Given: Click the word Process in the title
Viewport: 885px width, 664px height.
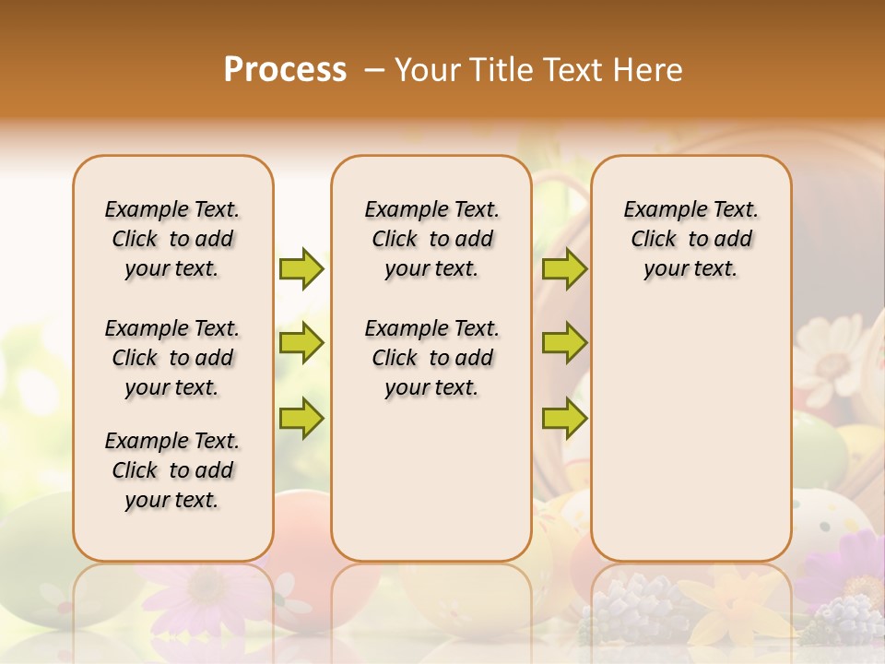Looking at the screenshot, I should coord(285,69).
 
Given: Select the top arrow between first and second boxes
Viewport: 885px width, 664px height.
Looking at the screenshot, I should coord(301,268).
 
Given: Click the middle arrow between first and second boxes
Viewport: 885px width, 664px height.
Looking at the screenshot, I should coord(301,343).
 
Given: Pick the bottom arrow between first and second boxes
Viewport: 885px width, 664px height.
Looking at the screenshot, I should coord(301,418).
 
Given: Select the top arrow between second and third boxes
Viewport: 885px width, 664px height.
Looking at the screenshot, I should coord(564,268).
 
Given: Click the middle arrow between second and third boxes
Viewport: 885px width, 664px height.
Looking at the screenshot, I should coord(564,343).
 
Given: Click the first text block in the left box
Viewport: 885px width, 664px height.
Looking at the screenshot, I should coord(172,239).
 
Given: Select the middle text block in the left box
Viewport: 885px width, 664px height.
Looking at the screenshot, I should coord(172,358).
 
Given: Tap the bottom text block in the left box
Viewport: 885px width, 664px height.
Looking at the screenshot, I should coord(172,470).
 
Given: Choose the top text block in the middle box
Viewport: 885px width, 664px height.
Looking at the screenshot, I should coord(431,239).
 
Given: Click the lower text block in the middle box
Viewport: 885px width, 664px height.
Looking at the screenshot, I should coord(431,358).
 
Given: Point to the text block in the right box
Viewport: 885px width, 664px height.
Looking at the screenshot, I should coord(691,239).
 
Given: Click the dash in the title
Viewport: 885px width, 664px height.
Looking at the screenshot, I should coord(373,70).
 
